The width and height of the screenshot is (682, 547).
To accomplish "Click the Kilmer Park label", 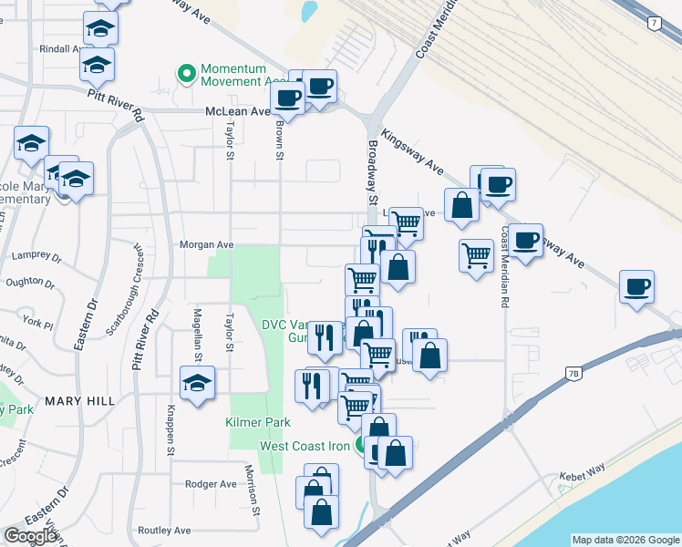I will tap(258, 422).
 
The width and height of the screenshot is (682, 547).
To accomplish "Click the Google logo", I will tap(30, 536).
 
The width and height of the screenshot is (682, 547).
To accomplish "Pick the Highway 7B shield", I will tap(573, 373).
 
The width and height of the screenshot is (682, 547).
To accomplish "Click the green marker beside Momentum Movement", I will tap(187, 73).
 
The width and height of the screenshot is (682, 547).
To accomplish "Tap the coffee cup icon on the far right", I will tap(636, 287).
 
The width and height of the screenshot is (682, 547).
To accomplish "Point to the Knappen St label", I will tap(170, 429).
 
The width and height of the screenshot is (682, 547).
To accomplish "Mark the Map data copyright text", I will tap(625, 540).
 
